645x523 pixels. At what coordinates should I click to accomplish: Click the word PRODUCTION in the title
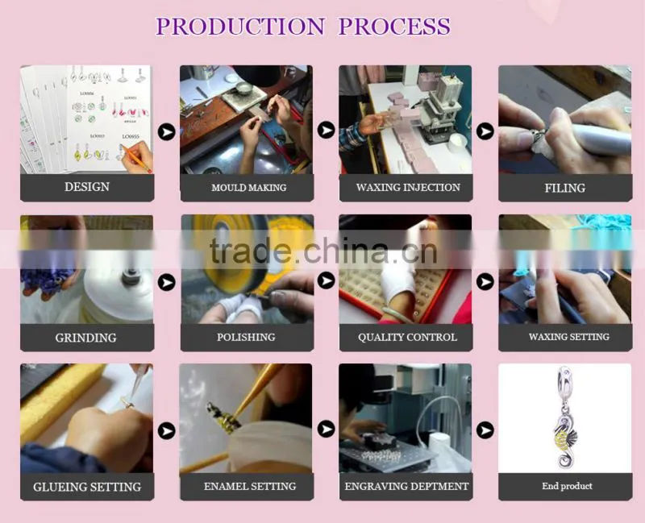pos(240,27)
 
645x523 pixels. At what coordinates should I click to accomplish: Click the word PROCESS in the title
pos(394,27)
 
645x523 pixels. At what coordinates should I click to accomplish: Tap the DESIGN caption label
pos(87,187)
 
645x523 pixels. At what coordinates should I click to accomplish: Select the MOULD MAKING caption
pos(249,188)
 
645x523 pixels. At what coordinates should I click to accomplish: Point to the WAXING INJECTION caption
pos(408,188)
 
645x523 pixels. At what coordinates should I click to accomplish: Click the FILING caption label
pos(565,188)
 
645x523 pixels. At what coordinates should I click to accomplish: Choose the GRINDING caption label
pos(86,338)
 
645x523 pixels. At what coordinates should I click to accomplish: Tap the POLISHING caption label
pos(246,337)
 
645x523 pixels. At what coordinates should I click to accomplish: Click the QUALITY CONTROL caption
pos(407,337)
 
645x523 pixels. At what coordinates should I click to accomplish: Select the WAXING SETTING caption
pos(569,337)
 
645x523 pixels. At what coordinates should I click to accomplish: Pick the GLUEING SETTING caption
pos(87,487)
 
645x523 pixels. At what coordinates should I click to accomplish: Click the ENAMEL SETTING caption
pos(250,486)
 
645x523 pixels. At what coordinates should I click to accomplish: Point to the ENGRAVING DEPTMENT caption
pos(406,487)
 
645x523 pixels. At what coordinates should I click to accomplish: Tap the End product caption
pos(568,486)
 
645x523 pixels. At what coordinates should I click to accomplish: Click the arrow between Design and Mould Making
pos(167,132)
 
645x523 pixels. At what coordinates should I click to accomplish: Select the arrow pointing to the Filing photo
pos(485,131)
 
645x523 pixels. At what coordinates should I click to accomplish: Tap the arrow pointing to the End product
pos(485,430)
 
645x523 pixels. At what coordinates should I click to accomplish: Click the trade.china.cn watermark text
pos(323,251)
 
